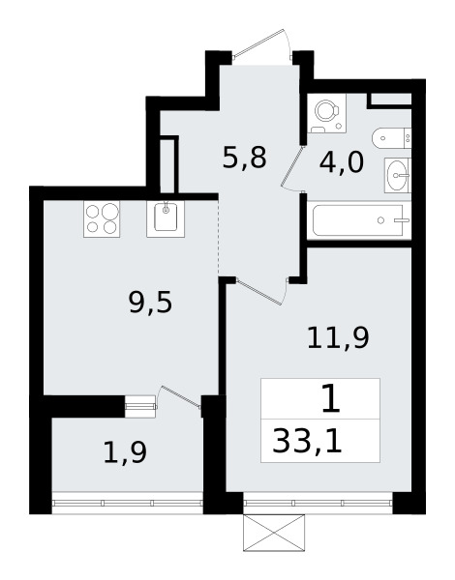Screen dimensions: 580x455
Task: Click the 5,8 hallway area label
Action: [244, 158]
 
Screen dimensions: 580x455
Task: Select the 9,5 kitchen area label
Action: [149, 305]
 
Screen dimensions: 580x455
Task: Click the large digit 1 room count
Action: [329, 398]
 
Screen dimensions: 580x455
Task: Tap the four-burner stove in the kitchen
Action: [102, 219]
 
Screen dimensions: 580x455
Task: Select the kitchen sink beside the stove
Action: [167, 218]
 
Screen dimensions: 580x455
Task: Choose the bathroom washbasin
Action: [399, 175]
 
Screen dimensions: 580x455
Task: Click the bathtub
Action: [361, 221]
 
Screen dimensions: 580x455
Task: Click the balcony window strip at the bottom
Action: [127, 503]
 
